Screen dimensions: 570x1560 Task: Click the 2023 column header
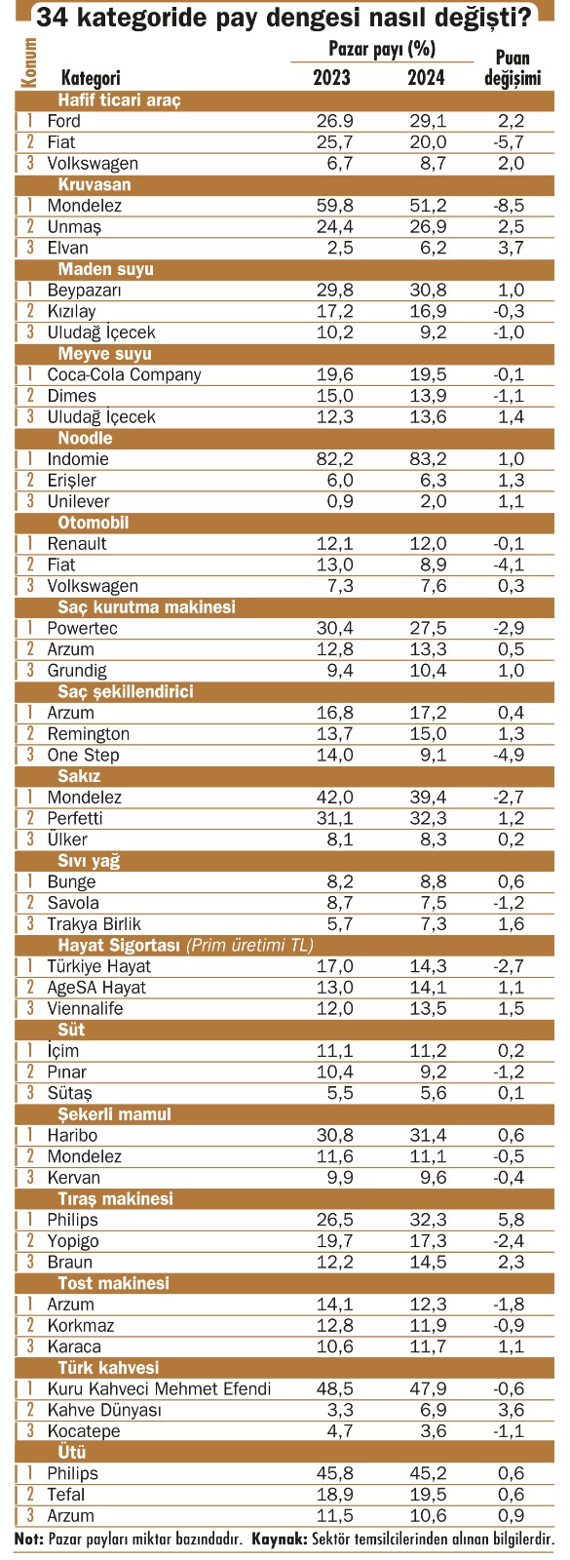coord(331,77)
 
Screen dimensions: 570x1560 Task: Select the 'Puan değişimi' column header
coord(513,67)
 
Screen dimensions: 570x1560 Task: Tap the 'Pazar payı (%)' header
coord(381,49)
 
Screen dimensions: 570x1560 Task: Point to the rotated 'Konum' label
coord(28,62)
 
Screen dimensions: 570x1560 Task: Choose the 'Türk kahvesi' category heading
coord(108,1367)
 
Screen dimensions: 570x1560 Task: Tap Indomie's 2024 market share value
coord(428,459)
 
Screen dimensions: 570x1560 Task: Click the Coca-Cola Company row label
coord(124,374)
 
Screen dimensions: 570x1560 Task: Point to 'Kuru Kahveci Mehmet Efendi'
coord(159,1388)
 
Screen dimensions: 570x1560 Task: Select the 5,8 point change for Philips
coord(512,1220)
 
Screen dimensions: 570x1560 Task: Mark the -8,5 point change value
coord(509,206)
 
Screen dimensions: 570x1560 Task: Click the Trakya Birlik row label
coord(94,924)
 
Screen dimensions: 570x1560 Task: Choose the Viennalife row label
coord(85,1008)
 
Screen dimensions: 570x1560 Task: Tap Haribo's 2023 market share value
coord(335,1135)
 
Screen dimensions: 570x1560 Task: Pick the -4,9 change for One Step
coord(509,755)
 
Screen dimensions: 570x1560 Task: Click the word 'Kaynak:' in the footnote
coord(279,1539)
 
